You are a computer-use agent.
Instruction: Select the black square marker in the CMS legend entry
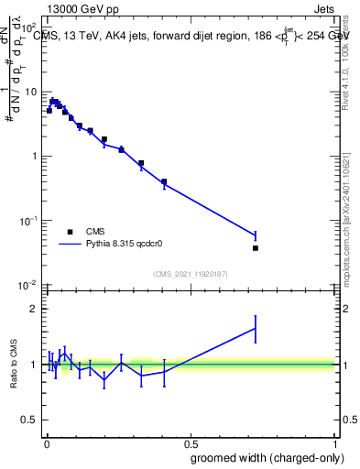pyautogui.click(x=70, y=232)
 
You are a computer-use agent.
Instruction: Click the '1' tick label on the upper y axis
pyautogui.click(x=33, y=156)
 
